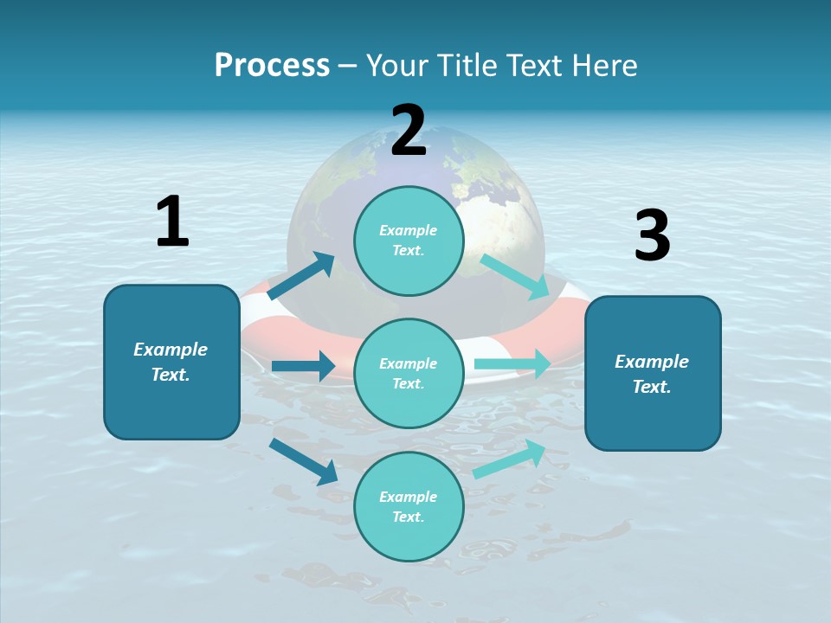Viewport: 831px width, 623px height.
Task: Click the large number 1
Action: pyautogui.click(x=172, y=222)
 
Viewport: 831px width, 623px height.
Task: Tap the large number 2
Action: pyautogui.click(x=408, y=131)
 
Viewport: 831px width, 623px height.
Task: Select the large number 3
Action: pyautogui.click(x=652, y=236)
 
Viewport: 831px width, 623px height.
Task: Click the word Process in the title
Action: pyautogui.click(x=272, y=65)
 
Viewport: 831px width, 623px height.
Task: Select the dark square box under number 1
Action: pyautogui.click(x=171, y=362)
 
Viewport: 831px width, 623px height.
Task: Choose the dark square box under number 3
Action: pyautogui.click(x=653, y=373)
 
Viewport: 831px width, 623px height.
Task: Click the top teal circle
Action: pyautogui.click(x=409, y=241)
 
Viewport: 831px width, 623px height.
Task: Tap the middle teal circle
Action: pyautogui.click(x=409, y=373)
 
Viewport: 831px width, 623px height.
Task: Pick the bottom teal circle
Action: pyautogui.click(x=409, y=506)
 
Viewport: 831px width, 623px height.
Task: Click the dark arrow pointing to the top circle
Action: pyautogui.click(x=301, y=276)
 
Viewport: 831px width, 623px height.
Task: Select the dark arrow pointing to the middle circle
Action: pyautogui.click(x=303, y=366)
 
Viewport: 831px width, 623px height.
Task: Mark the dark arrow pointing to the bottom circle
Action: pyautogui.click(x=304, y=461)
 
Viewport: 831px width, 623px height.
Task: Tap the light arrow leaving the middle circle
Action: pyautogui.click(x=512, y=364)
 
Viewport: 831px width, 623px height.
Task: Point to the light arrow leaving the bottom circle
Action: pyautogui.click(x=509, y=459)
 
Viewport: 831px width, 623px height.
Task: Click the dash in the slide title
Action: pyautogui.click(x=348, y=66)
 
